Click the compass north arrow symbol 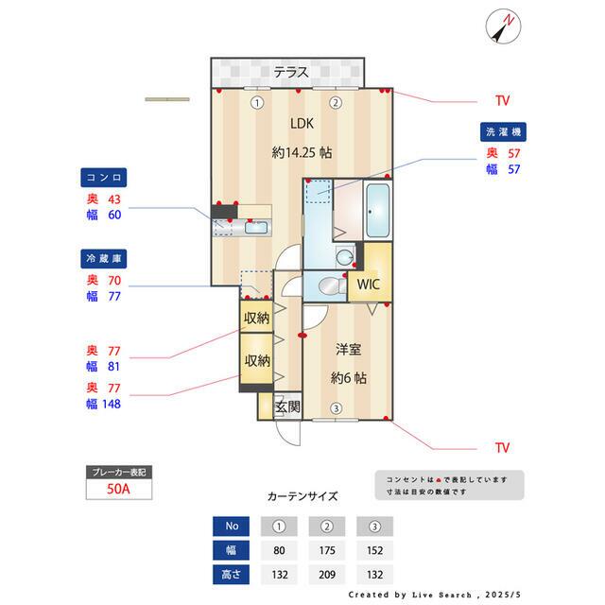pos(503,26)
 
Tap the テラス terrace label pos(291,72)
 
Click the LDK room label pos(302,124)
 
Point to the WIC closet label pos(369,285)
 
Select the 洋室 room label pos(348,350)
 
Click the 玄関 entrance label pos(287,406)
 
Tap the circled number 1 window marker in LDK pos(257,103)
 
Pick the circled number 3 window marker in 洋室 pos(337,408)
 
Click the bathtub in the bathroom pos(378,210)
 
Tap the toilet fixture pos(332,286)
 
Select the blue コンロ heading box pos(103,178)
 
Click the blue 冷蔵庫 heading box pos(103,258)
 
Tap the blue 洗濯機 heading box pos(503,132)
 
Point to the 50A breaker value pos(118,489)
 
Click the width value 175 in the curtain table pos(327,550)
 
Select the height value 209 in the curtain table pos(327,575)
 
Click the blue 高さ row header pos(231,575)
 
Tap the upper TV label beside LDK pos(502,101)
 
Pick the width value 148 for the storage pos(112,404)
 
